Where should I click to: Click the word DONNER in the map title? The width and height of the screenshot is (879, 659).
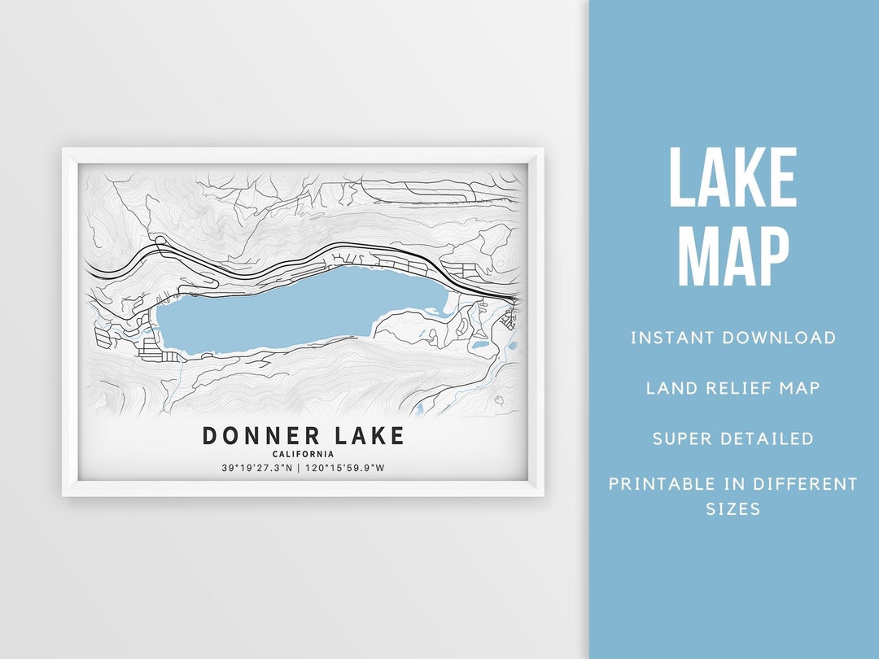pyautogui.click(x=253, y=436)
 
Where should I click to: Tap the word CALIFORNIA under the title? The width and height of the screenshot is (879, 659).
pyautogui.click(x=303, y=454)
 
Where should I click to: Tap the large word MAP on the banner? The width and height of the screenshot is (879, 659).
pyautogui.click(x=732, y=256)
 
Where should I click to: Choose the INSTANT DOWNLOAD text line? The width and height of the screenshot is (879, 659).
pyautogui.click(x=732, y=338)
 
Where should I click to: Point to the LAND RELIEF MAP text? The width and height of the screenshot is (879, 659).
pyautogui.click(x=732, y=388)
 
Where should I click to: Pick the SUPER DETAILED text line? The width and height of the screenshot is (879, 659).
pyautogui.click(x=732, y=439)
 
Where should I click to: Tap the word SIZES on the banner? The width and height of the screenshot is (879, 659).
pyautogui.click(x=732, y=509)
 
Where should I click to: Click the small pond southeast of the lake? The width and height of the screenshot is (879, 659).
pyautogui.click(x=479, y=347)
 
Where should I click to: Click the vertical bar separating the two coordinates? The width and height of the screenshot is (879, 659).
pyautogui.click(x=300, y=468)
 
